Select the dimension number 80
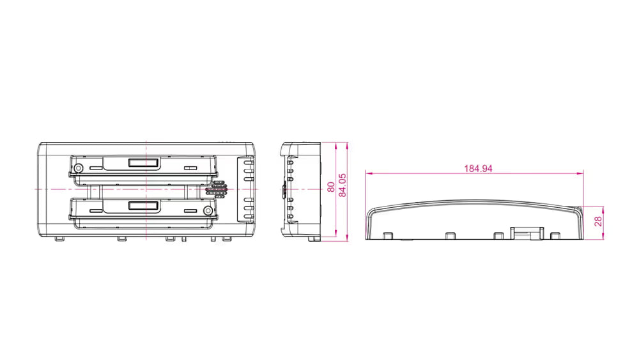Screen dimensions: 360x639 click(x=330, y=187)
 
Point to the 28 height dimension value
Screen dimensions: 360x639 click(x=598, y=223)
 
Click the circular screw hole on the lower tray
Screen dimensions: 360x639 click(x=208, y=211)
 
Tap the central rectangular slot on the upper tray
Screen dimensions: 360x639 click(x=143, y=164)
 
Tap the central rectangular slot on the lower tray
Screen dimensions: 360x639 click(x=143, y=206)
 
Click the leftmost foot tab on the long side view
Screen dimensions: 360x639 click(x=387, y=235)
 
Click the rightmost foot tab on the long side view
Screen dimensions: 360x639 click(x=553, y=235)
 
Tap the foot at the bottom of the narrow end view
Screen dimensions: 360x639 click(x=314, y=239)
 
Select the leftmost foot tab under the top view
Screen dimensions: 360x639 click(x=59, y=239)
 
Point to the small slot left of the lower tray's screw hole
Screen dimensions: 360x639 click(x=189, y=210)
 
